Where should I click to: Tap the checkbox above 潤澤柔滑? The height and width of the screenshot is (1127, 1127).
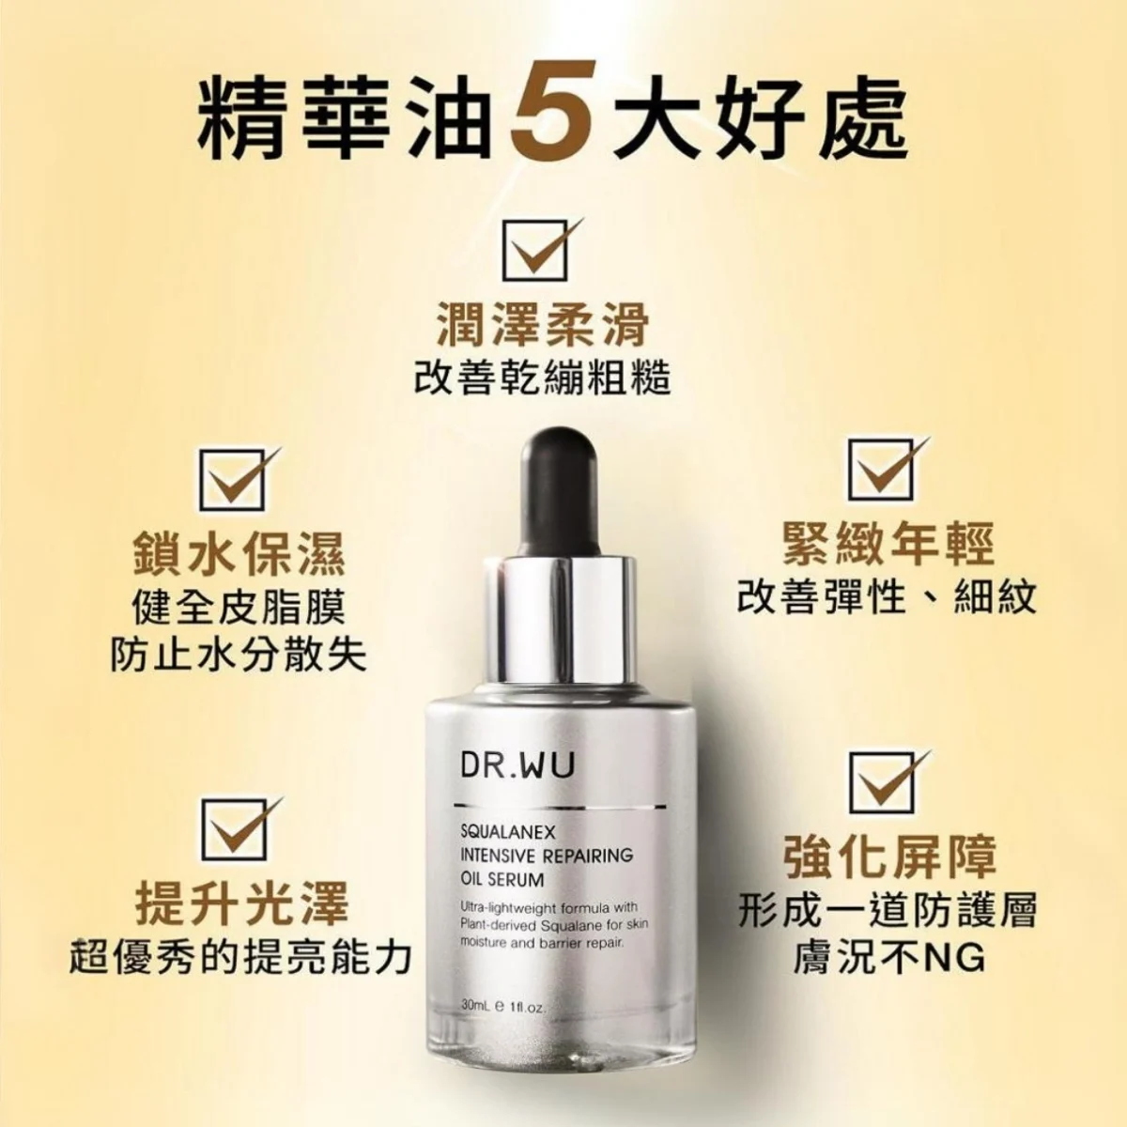[x=537, y=251]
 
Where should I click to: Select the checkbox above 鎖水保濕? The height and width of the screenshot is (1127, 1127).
[x=234, y=480]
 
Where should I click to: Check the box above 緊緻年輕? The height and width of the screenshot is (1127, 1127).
[x=883, y=469]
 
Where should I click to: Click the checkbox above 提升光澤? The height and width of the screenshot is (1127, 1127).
[x=235, y=828]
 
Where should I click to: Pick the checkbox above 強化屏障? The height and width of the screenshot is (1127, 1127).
[x=883, y=781]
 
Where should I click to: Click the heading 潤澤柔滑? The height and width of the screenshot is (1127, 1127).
[x=543, y=326]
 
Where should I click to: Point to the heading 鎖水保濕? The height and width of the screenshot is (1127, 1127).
[x=239, y=554]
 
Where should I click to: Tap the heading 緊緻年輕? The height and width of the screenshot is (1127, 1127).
[x=888, y=544]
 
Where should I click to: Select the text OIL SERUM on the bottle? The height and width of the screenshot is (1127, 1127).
[x=502, y=880]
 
